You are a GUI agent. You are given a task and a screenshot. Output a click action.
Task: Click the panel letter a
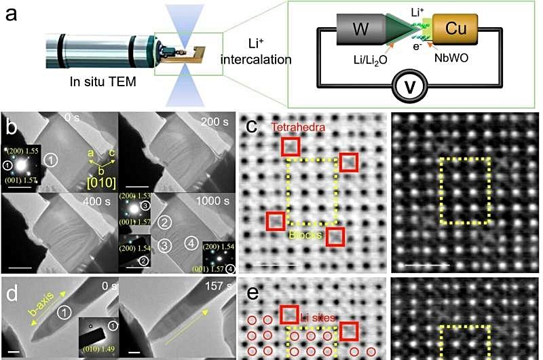(12, 14)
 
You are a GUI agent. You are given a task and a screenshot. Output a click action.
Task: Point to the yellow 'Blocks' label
(306, 234)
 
